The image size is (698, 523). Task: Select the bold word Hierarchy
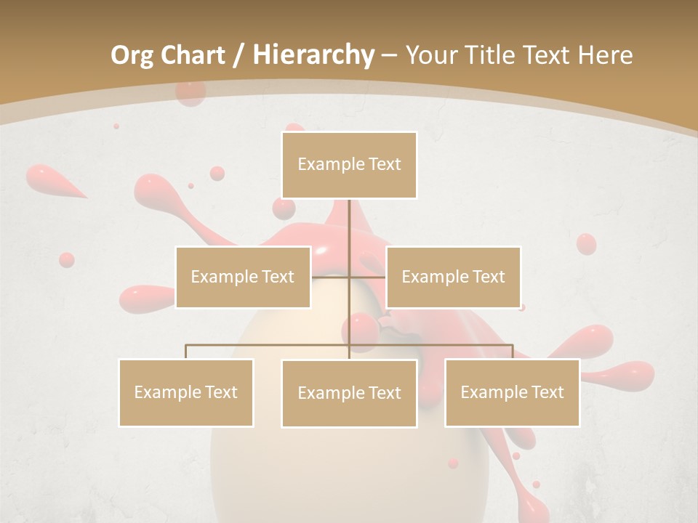pos(313,55)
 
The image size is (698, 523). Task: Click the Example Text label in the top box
pos(349,165)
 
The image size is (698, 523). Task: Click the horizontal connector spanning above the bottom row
pos(269,345)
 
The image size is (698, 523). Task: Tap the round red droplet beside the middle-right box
pos(585,243)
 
